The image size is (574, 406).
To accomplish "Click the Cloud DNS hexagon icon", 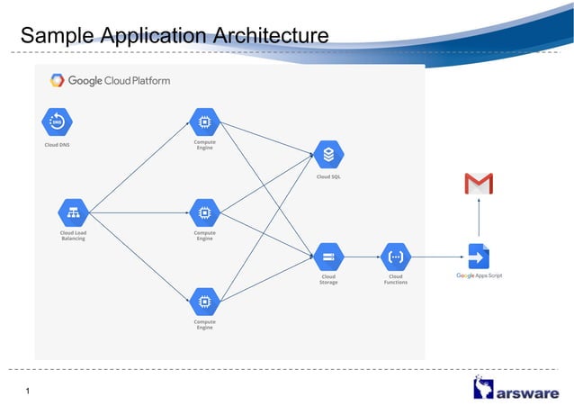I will pyautogui.click(x=57, y=122).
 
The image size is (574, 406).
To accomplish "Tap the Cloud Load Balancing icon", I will pyautogui.click(x=73, y=213).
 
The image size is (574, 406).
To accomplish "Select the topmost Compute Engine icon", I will pyautogui.click(x=204, y=121).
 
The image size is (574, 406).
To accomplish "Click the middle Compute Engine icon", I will pyautogui.click(x=204, y=213).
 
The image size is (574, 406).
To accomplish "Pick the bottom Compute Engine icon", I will pyautogui.click(x=204, y=301).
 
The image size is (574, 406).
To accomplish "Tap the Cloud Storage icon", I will pyautogui.click(x=328, y=257).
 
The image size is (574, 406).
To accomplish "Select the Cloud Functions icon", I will pyautogui.click(x=395, y=257).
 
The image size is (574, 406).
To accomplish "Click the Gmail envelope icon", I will pyautogui.click(x=479, y=185).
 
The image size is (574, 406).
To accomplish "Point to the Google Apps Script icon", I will pyautogui.click(x=479, y=257).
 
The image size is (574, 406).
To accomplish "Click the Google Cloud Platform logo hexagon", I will pyautogui.click(x=58, y=80).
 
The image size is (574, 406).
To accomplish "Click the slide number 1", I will pyautogui.click(x=29, y=390).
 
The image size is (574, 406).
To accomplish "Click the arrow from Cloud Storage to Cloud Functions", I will pyautogui.click(x=362, y=257).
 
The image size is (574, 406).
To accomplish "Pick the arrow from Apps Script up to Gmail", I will pyautogui.click(x=479, y=221).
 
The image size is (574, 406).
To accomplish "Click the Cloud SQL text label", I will pyautogui.click(x=328, y=176).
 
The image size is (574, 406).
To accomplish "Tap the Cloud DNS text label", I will pyautogui.click(x=58, y=144).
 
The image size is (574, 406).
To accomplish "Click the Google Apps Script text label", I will pyautogui.click(x=479, y=275).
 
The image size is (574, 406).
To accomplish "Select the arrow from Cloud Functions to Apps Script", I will pyautogui.click(x=437, y=257).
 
